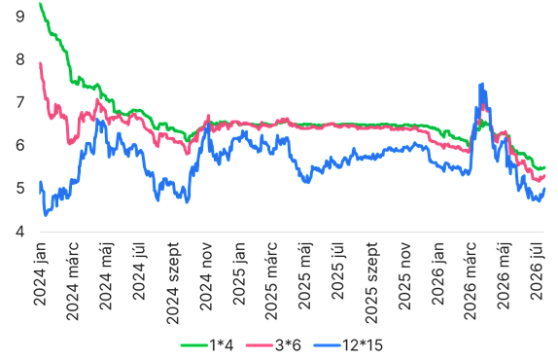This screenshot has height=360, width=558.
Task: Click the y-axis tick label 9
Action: (x=20, y=16)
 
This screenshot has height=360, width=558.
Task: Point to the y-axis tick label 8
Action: (x=20, y=59)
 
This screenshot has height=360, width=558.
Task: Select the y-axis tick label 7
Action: (x=20, y=102)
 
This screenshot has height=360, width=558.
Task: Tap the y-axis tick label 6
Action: (x=20, y=145)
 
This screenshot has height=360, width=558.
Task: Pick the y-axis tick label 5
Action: (x=20, y=189)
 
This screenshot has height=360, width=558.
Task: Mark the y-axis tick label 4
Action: (x=20, y=232)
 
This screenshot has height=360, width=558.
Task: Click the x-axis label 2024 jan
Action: (x=40, y=273)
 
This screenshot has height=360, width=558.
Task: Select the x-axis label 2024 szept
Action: (x=173, y=283)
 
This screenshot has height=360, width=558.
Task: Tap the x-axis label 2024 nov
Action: (x=206, y=276)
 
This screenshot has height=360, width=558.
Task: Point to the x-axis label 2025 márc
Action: (x=271, y=280)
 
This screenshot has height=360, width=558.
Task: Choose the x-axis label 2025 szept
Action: (x=371, y=283)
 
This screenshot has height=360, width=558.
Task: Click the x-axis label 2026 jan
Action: (x=437, y=273)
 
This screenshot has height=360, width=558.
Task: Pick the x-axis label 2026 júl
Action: (x=538, y=271)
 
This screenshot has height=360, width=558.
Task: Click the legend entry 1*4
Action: (x=207, y=345)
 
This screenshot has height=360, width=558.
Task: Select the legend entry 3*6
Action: (x=273, y=345)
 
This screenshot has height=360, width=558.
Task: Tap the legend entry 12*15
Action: (x=348, y=345)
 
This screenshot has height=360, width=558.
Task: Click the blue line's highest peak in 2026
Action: (x=482, y=84)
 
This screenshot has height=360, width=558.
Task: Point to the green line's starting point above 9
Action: (x=40, y=4)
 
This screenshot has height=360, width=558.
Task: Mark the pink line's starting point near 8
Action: (x=40, y=63)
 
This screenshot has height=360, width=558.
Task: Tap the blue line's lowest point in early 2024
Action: (x=45, y=215)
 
